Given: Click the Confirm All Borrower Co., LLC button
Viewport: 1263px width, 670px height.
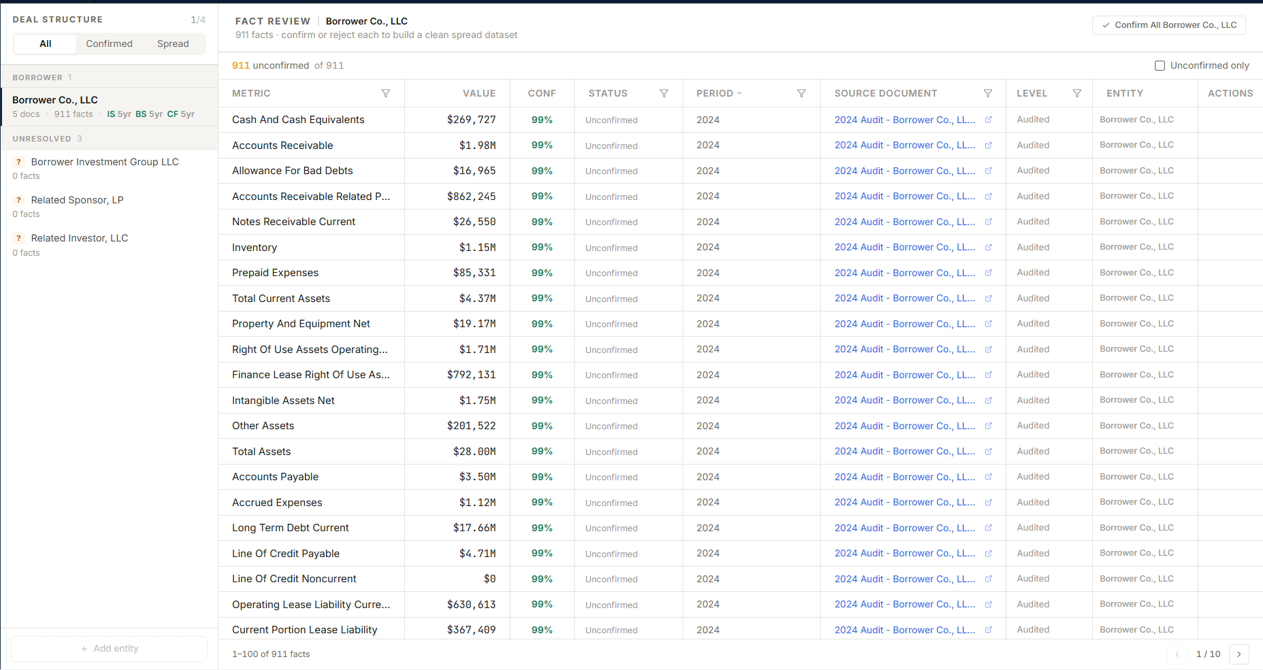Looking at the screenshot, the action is pyautogui.click(x=1169, y=25).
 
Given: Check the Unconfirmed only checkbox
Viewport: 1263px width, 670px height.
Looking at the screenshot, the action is pyautogui.click(x=1160, y=65).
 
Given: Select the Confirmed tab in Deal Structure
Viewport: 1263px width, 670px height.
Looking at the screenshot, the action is pyautogui.click(x=109, y=44).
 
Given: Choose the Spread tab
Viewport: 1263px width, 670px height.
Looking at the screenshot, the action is pyautogui.click(x=173, y=44).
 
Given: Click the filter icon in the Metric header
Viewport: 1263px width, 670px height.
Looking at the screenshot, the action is pyautogui.click(x=386, y=93).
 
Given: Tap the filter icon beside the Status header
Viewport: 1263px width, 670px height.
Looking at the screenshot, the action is pyautogui.click(x=664, y=93).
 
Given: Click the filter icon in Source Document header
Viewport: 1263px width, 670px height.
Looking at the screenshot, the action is pyautogui.click(x=988, y=93).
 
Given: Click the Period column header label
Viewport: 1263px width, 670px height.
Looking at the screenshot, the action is pyautogui.click(x=715, y=93).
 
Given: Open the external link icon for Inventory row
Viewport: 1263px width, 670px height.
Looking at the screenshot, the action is pyautogui.click(x=988, y=247).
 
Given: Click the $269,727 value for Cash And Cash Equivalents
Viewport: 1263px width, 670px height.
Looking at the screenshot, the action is pyautogui.click(x=471, y=120).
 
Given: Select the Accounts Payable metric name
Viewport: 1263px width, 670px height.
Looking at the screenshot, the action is pyautogui.click(x=275, y=477).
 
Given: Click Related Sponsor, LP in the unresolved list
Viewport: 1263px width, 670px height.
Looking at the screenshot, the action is pyautogui.click(x=77, y=200).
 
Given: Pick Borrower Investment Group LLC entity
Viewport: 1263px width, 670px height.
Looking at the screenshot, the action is pyautogui.click(x=105, y=162).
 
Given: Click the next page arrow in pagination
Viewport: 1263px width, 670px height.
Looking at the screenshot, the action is pyautogui.click(x=1239, y=654).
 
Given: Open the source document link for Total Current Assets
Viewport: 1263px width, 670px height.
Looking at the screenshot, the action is pyautogui.click(x=904, y=298).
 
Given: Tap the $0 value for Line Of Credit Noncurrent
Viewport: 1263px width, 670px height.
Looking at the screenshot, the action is pyautogui.click(x=489, y=579).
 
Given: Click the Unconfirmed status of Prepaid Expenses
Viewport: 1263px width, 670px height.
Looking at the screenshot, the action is pyautogui.click(x=611, y=273).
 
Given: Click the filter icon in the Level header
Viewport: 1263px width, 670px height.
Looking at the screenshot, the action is pyautogui.click(x=1077, y=93).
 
